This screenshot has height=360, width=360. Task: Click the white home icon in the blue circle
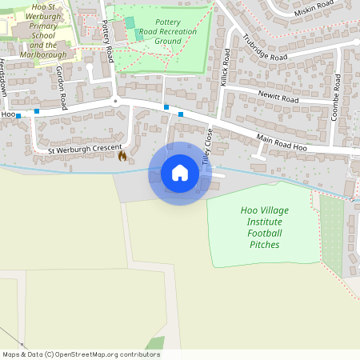(x=180, y=173)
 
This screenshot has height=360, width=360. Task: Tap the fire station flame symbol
(x=122, y=156)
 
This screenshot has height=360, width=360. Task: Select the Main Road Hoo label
(x=282, y=143)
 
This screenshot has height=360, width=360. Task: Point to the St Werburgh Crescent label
(x=84, y=149)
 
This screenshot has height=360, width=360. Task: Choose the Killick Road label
(x=226, y=68)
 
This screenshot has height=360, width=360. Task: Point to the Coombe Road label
(x=337, y=97)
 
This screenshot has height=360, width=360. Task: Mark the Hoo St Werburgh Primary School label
(x=47, y=30)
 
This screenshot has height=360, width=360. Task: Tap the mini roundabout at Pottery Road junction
(x=115, y=102)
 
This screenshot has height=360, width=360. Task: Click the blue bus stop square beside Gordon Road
(x=37, y=111)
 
